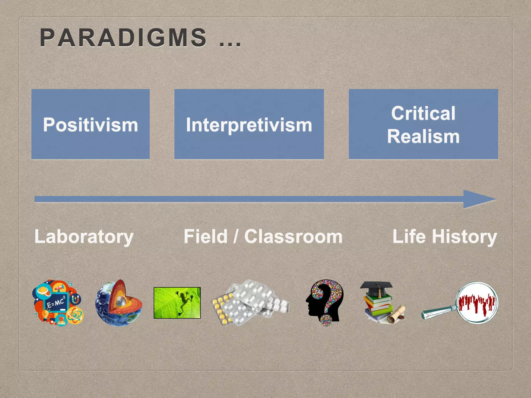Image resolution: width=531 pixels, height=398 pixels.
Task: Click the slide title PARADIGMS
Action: coord(123,38)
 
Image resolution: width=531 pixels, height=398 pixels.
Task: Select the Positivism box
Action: coord(90,124)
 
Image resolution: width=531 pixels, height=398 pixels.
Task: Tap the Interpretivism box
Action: coord(249,124)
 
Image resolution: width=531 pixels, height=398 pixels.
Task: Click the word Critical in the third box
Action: coord(423,113)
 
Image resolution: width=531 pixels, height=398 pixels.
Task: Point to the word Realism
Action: coord(423,136)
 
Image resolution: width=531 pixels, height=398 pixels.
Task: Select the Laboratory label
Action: coord(84,237)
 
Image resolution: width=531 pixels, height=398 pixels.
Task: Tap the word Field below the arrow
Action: coord(205,236)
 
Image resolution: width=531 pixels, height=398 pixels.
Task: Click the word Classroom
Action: coord(293,236)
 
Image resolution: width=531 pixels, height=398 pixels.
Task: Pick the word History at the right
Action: coord(464,237)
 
